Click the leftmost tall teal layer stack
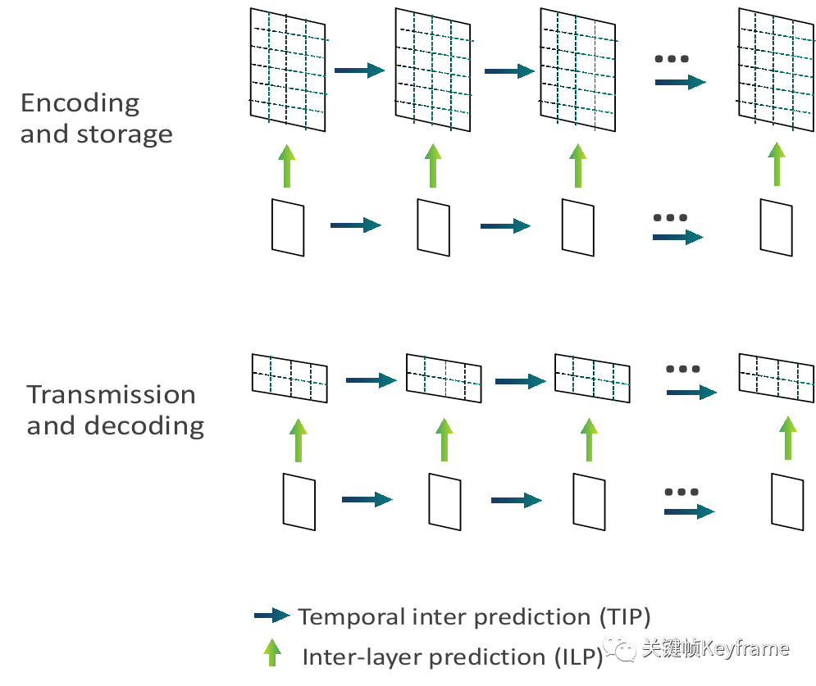coord(296,71)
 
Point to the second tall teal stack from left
coord(441,71)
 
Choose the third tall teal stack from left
coord(586,71)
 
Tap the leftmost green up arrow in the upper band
coord(285,166)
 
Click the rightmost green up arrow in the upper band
coord(777,164)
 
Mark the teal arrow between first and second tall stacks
coord(365,70)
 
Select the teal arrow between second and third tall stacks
coord(513,71)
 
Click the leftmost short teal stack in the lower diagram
coord(298,379)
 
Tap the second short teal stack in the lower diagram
coord(452,379)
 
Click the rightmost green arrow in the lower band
coord(787,438)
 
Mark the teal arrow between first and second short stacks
coord(376,380)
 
